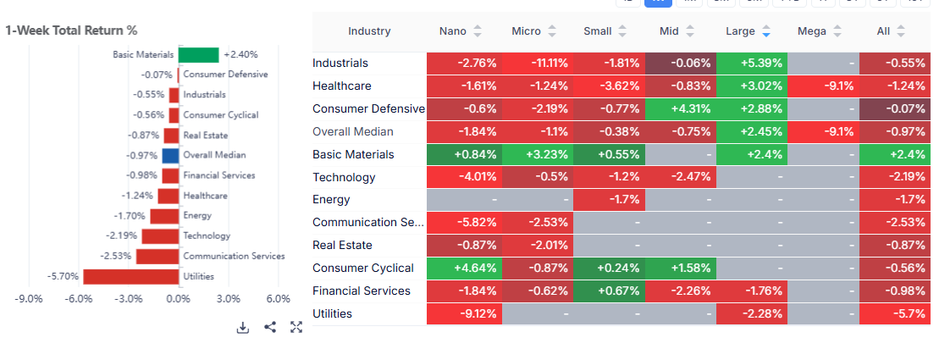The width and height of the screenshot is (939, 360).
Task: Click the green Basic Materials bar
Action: click(198, 54)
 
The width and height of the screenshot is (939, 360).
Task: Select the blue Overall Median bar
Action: click(170, 155)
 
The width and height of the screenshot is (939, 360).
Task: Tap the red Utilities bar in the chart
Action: click(130, 276)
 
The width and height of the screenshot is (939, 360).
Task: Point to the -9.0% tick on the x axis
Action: click(30, 299)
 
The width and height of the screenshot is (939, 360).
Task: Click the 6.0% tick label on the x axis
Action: click(279, 299)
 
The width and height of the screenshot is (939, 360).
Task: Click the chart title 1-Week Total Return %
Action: click(71, 30)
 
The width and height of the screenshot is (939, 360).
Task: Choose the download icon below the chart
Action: click(243, 327)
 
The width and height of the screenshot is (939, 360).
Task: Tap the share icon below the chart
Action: click(270, 327)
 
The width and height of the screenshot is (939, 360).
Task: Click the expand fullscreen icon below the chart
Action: click(296, 327)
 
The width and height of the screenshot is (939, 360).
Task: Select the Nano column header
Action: click(452, 31)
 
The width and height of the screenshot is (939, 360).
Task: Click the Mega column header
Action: click(812, 31)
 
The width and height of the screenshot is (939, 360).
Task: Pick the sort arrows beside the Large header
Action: click(766, 31)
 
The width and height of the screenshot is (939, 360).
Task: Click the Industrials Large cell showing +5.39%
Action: click(751, 64)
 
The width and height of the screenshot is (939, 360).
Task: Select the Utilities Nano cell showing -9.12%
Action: click(462, 314)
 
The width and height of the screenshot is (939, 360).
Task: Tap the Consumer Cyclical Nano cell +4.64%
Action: click(462, 269)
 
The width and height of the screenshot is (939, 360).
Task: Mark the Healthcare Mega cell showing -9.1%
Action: click(822, 86)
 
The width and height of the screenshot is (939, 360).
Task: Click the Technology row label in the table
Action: click(344, 178)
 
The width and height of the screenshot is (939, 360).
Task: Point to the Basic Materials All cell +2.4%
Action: click(895, 155)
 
